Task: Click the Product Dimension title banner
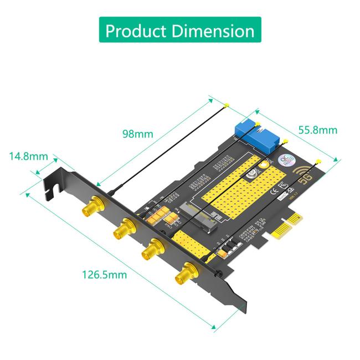pos(179,30)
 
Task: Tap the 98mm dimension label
pos(137,133)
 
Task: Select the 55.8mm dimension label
pos(318,130)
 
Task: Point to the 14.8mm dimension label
pos(28,156)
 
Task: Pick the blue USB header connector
pos(258,133)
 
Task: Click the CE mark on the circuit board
pos(280,193)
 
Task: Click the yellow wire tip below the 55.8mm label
pos(317,162)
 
